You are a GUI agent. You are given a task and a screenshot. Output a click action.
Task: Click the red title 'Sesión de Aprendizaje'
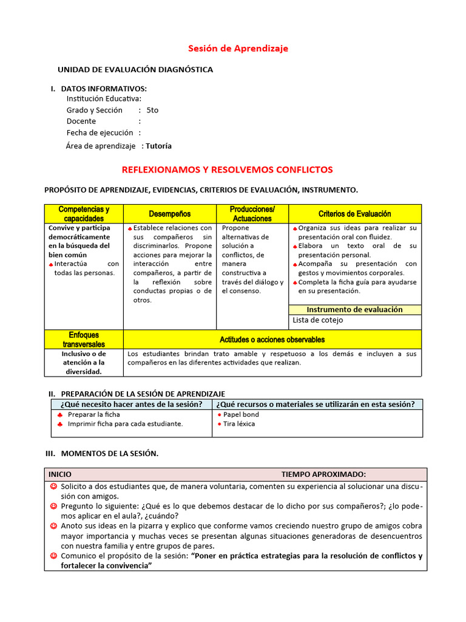click(x=238, y=49)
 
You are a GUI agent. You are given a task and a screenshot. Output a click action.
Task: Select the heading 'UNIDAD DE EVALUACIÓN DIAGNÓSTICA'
click(x=135, y=70)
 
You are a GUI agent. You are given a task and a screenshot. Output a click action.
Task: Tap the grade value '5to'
click(x=152, y=111)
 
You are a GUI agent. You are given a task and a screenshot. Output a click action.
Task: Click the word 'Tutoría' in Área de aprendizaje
click(x=158, y=146)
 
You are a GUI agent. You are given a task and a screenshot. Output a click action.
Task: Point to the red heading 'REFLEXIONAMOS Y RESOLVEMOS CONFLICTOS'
click(x=228, y=169)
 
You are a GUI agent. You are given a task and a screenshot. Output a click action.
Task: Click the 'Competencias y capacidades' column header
click(x=84, y=214)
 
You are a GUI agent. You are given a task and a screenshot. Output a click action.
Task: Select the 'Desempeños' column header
click(x=170, y=214)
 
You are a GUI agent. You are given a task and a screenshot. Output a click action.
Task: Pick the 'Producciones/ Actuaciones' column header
click(x=252, y=214)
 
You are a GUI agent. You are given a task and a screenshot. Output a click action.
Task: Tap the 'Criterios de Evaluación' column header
click(x=354, y=214)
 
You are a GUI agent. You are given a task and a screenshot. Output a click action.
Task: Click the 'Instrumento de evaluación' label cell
click(x=354, y=310)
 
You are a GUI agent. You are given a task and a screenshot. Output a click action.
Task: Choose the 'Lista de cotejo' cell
click(x=317, y=320)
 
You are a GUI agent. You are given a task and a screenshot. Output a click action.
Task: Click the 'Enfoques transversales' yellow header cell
click(x=84, y=340)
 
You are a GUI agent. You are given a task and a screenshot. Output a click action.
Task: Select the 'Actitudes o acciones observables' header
click(x=272, y=340)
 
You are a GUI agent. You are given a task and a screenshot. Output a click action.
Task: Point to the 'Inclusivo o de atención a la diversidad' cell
click(x=84, y=363)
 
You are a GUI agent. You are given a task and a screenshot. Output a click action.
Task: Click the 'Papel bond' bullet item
click(x=241, y=414)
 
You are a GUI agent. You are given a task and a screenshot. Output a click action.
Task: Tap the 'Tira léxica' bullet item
click(x=239, y=424)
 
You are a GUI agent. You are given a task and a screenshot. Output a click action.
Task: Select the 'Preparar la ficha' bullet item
click(x=94, y=414)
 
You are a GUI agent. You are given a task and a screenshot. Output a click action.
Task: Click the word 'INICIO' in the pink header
click(x=60, y=474)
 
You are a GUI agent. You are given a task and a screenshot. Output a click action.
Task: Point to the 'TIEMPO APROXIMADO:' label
click(x=323, y=474)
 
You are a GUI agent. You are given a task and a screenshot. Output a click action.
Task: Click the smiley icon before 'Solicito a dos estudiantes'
click(x=53, y=487)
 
